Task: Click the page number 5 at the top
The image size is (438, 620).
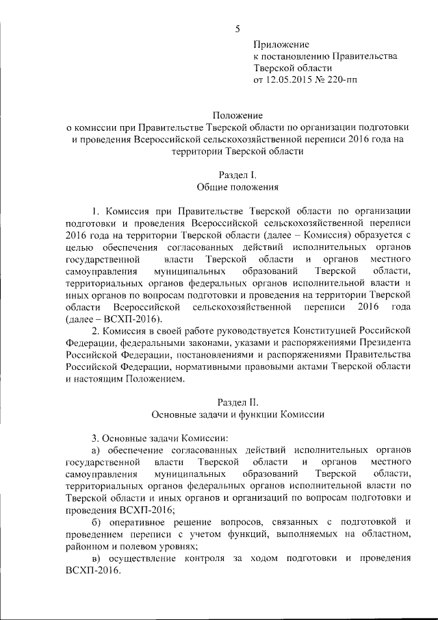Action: point(237,29)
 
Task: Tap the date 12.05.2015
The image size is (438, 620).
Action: point(292,80)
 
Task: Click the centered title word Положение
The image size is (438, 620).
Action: point(237,114)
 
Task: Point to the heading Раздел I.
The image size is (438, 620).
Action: point(237,174)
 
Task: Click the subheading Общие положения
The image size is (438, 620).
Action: point(237,186)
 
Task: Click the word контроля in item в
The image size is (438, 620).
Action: point(215,558)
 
